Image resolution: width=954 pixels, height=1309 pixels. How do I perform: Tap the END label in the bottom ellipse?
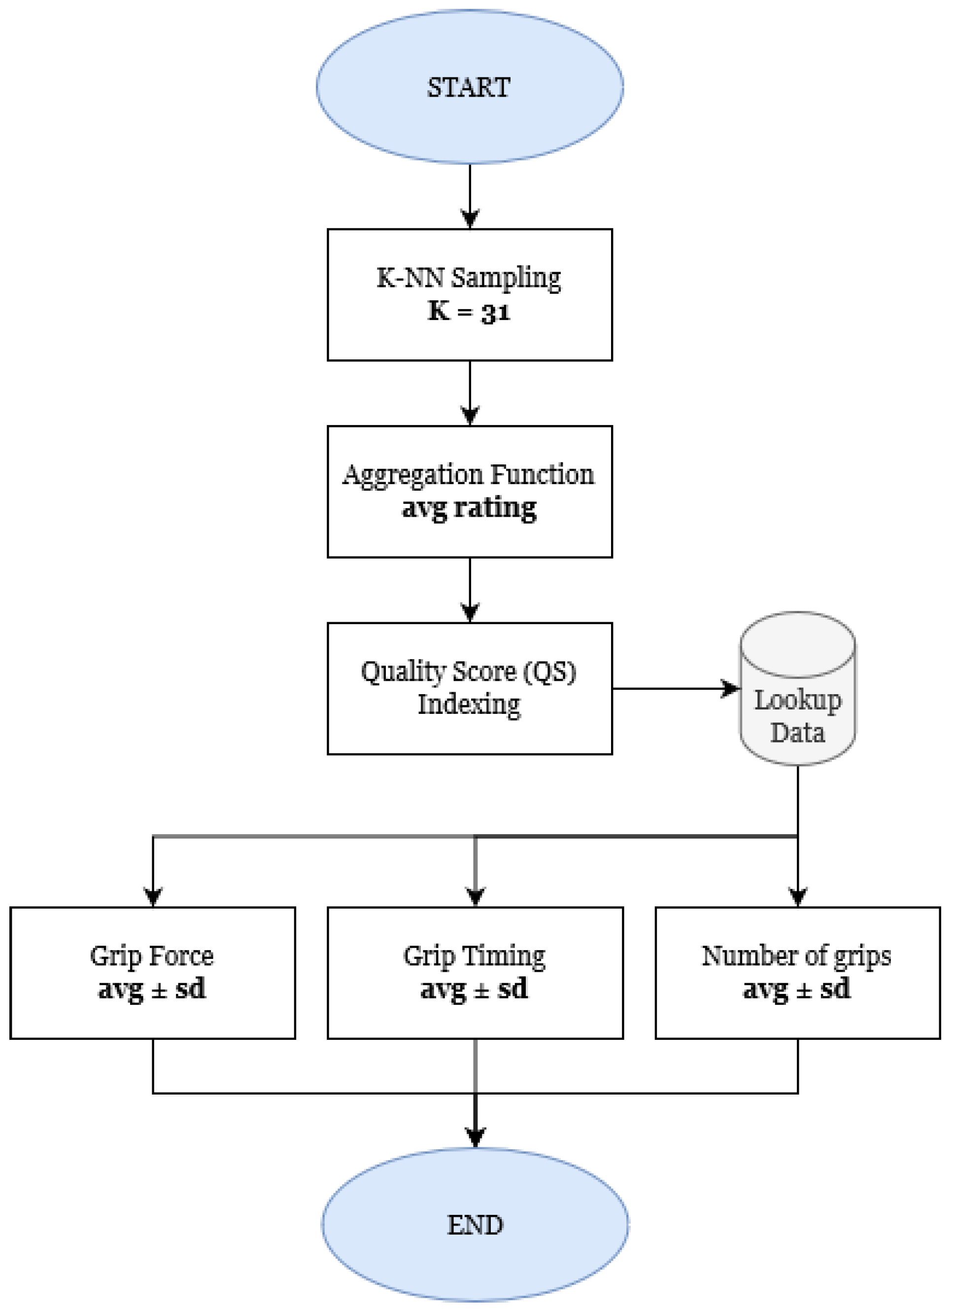pyautogui.click(x=475, y=1225)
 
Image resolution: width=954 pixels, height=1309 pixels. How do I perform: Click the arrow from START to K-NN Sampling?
pyautogui.click(x=470, y=196)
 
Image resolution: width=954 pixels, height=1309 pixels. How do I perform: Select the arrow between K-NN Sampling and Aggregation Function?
pyautogui.click(x=470, y=393)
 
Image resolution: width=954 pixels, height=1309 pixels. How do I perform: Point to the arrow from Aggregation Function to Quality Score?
pyautogui.click(x=470, y=589)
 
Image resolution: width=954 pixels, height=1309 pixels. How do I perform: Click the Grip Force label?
pyautogui.click(x=152, y=956)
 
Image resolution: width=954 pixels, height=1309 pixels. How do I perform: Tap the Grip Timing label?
pyautogui.click(x=474, y=956)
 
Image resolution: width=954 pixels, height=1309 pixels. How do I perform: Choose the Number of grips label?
pyautogui.click(x=796, y=956)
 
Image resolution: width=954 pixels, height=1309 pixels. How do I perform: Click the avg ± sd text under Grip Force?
pyautogui.click(x=152, y=989)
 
